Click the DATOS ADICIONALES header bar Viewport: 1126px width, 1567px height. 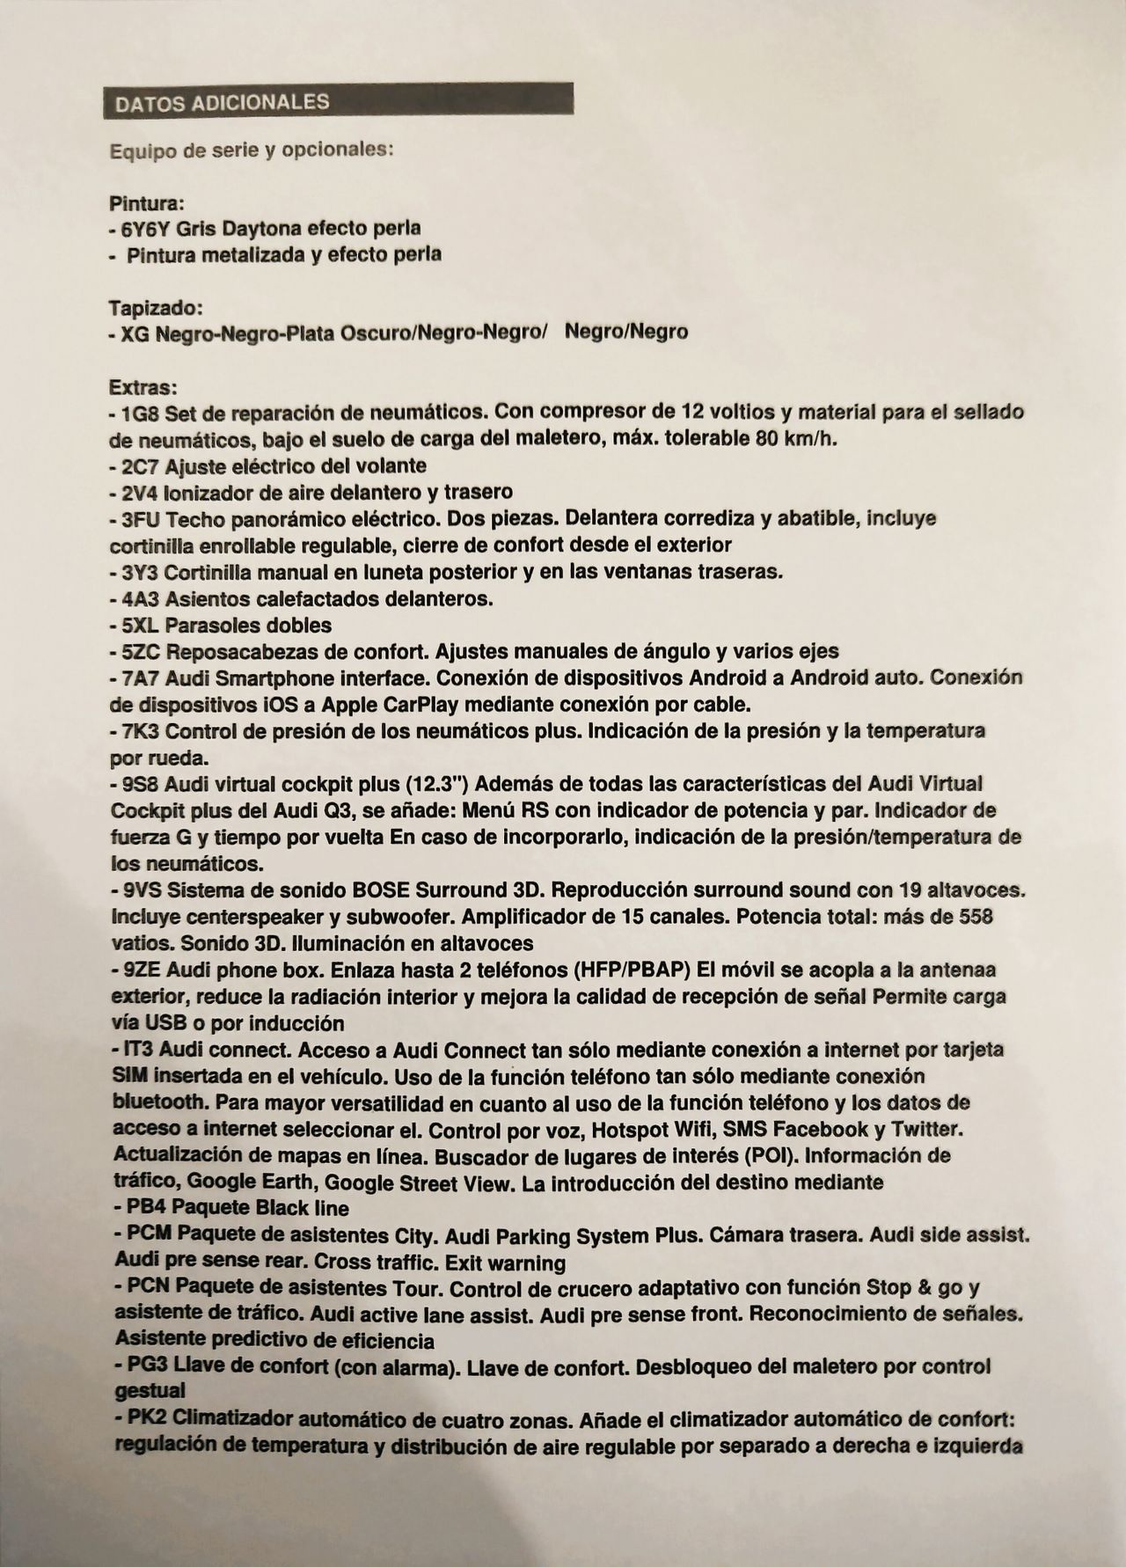click(x=338, y=100)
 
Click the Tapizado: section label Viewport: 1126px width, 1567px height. click(x=157, y=308)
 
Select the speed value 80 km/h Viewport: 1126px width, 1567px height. click(x=794, y=438)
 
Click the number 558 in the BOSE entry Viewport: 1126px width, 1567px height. click(x=972, y=916)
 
